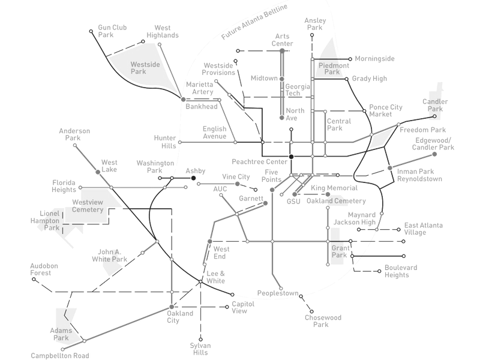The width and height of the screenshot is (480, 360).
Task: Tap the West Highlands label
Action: [163, 31]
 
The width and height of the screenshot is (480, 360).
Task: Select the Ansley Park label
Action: [315, 23]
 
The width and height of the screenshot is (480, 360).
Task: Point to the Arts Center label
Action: [283, 40]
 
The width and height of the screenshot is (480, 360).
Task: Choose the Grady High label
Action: [370, 78]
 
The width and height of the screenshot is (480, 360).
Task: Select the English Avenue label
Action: [214, 132]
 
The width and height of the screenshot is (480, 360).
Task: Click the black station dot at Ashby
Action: [193, 178]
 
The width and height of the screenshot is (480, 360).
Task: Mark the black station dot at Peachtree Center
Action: [290, 157]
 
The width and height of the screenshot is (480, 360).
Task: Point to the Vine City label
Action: [236, 176]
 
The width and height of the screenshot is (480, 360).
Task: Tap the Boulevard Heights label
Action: [401, 271]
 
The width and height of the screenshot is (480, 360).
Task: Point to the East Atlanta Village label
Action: [424, 229]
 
